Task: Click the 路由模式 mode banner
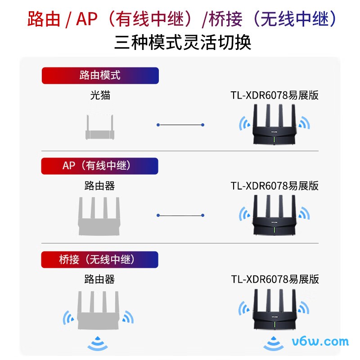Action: (x=100, y=75)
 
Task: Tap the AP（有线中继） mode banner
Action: (x=100, y=166)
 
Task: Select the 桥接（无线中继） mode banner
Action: (x=100, y=260)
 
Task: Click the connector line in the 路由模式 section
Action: (x=180, y=125)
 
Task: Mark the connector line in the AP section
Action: (x=180, y=215)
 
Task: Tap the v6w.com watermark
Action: (x=320, y=341)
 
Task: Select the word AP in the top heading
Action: (x=87, y=19)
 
